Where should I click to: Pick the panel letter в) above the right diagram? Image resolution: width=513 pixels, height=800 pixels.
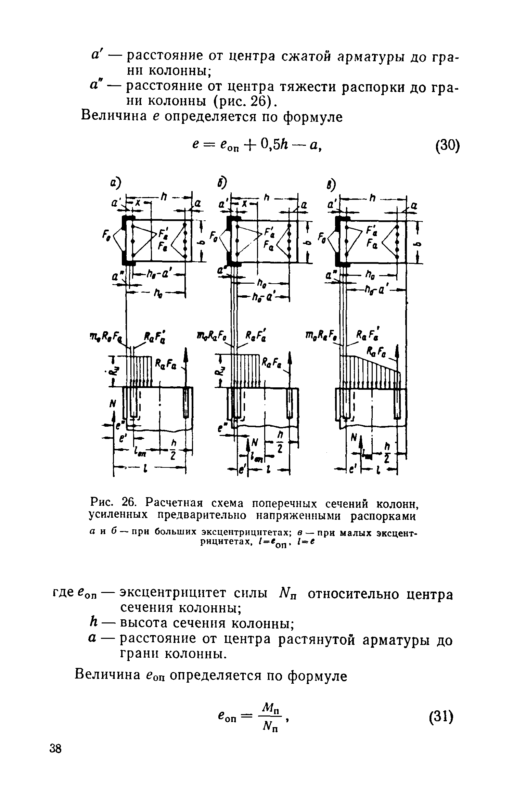click(331, 185)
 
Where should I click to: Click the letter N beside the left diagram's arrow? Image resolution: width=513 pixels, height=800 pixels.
click(111, 404)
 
